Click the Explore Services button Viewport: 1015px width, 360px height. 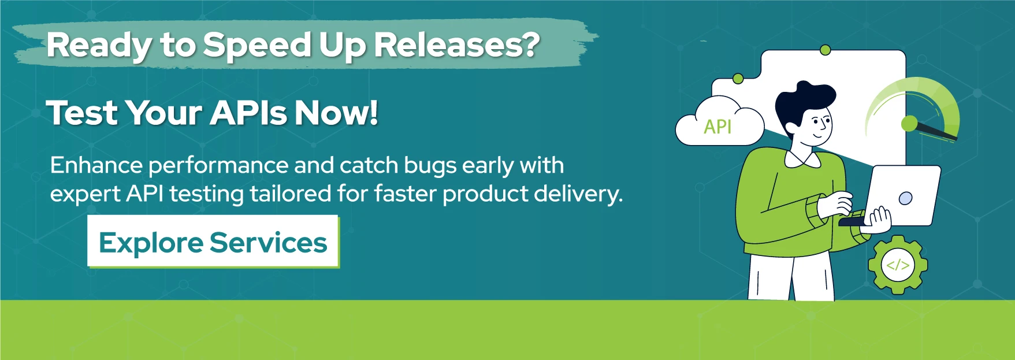tap(213, 241)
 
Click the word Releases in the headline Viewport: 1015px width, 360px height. tap(456, 44)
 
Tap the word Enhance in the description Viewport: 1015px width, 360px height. tap(96, 165)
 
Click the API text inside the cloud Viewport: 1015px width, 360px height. tap(717, 127)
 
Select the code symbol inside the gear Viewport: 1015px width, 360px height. tap(898, 265)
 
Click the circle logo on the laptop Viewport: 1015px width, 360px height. tap(906, 198)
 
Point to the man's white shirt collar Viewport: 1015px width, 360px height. tap(802, 159)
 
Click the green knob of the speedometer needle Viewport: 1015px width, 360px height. tap(909, 123)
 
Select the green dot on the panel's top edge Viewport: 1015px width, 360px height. tap(826, 50)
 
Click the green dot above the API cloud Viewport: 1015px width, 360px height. tap(738, 78)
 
